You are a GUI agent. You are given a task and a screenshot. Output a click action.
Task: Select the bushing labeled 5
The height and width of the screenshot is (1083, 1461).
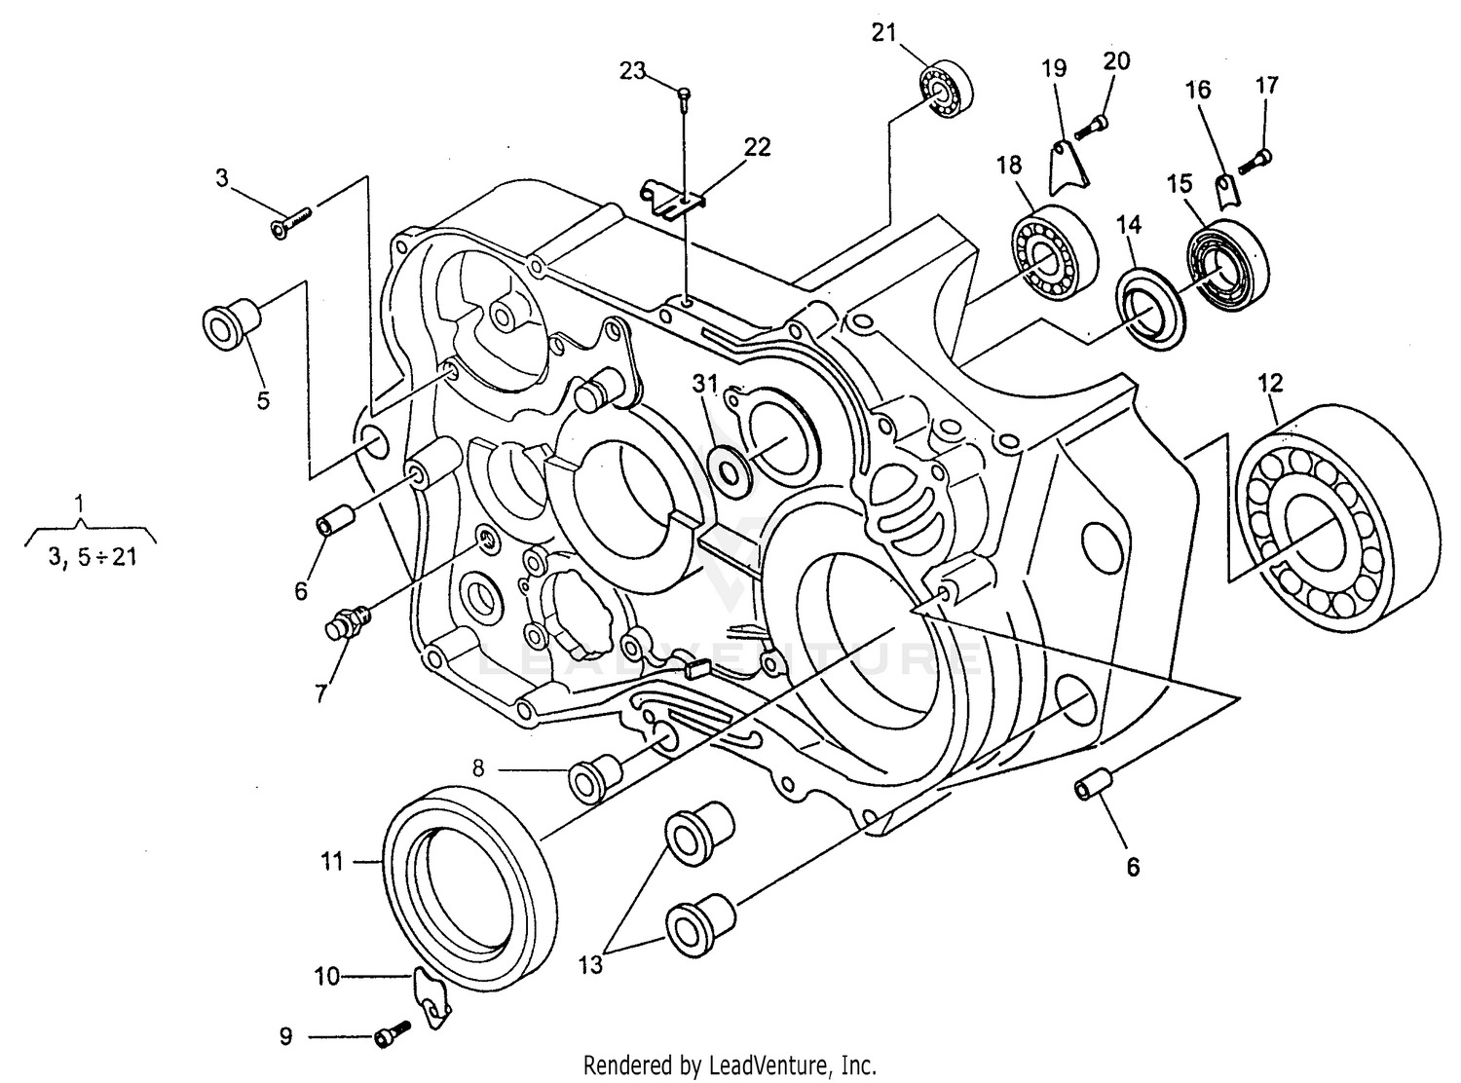pos(231,325)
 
